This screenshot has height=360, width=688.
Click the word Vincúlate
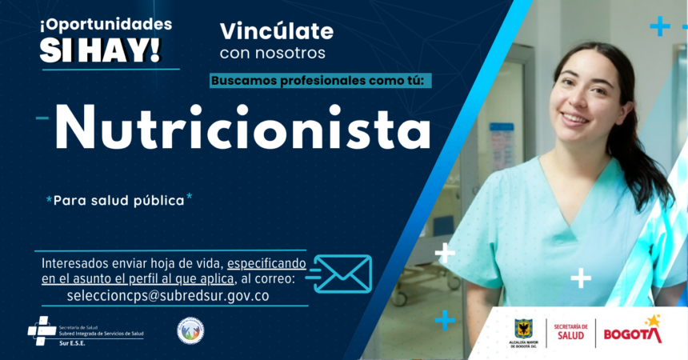click(x=276, y=32)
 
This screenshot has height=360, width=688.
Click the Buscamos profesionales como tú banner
click(x=322, y=81)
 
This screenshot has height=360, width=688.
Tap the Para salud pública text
click(x=118, y=200)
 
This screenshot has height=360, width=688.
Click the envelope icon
click(x=342, y=274)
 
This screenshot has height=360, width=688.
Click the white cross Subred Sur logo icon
click(x=41, y=330)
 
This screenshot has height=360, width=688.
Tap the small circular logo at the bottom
click(x=190, y=330)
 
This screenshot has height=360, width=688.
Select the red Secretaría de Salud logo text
click(x=570, y=332)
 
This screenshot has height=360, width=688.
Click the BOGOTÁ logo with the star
click(x=632, y=332)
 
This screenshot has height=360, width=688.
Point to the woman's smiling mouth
click(x=575, y=118)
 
